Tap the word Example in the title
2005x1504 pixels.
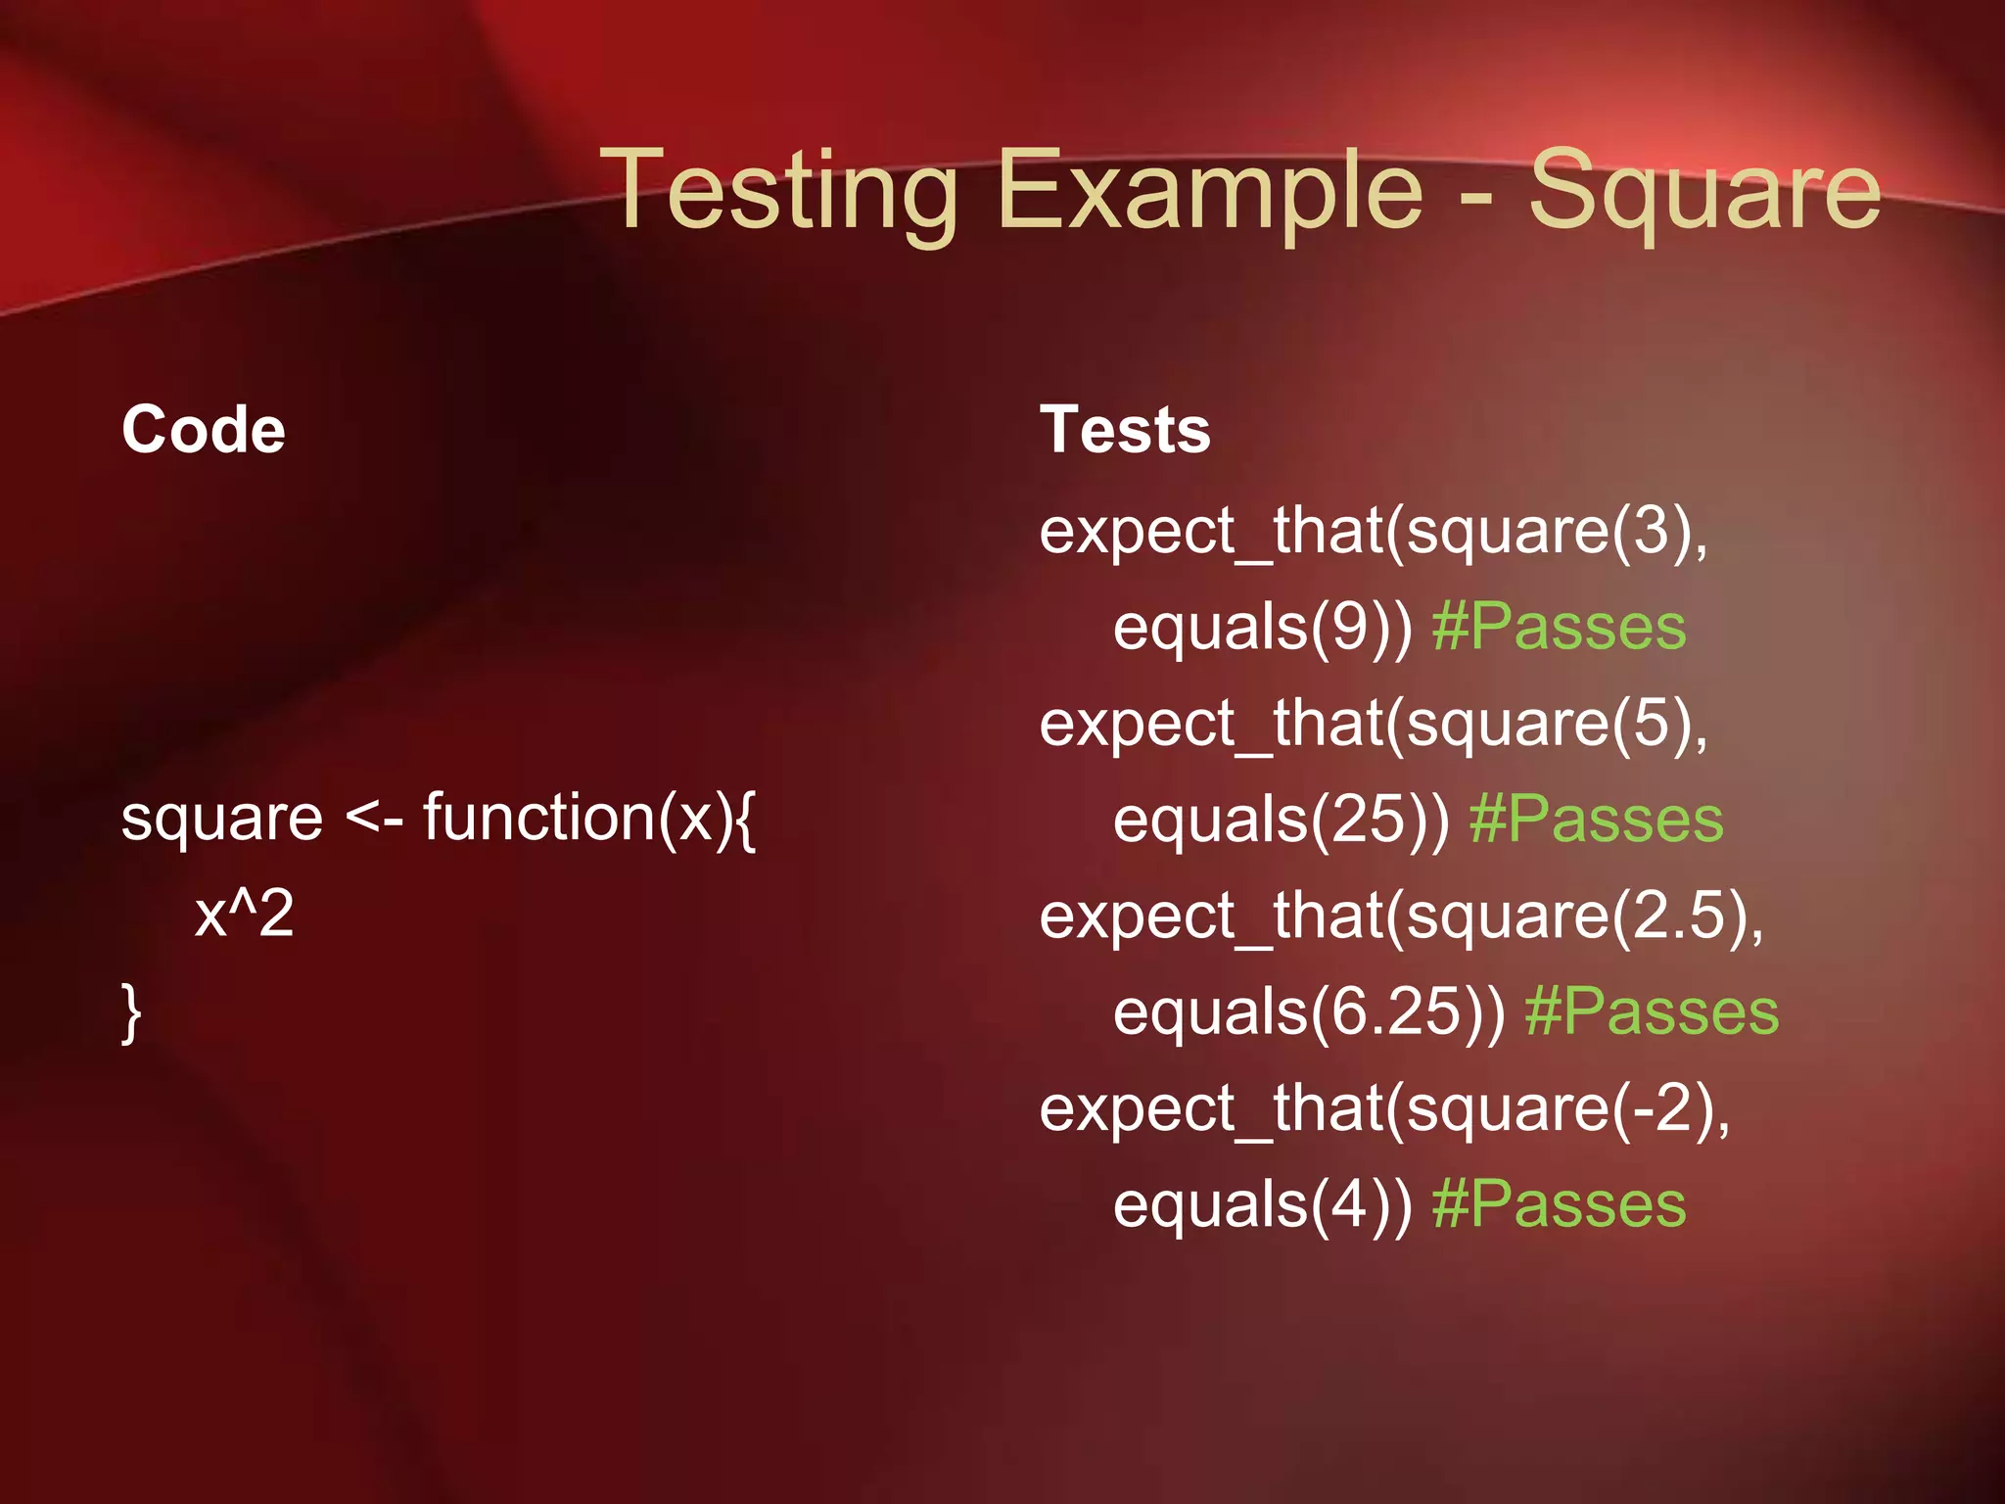click(1210, 191)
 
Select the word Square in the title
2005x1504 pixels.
click(1704, 191)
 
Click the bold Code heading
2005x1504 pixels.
click(204, 430)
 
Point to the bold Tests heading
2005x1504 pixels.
click(1125, 430)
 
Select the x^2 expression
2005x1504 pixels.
click(245, 914)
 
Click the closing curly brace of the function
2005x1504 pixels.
click(131, 1013)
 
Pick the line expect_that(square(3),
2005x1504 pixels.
click(1374, 532)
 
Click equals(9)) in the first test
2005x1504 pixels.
click(1263, 628)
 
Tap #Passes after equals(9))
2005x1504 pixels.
click(1559, 628)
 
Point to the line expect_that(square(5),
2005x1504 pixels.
click(1374, 725)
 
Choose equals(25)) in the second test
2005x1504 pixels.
click(1282, 820)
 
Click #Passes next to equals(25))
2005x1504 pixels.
click(1596, 820)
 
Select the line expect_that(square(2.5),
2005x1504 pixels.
click(1401, 916)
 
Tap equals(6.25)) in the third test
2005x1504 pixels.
click(1309, 1012)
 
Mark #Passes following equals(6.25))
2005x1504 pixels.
click(1652, 1012)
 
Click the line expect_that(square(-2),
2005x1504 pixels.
click(1384, 1109)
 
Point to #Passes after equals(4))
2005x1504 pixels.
click(1559, 1204)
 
